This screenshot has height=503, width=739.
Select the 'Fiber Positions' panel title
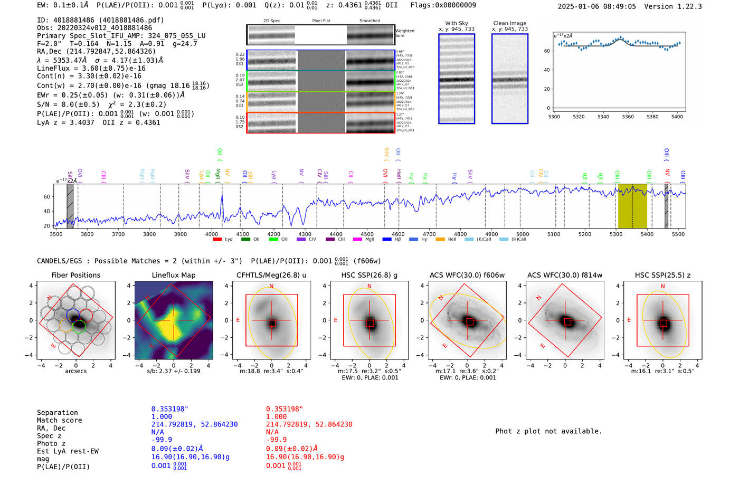point(75,275)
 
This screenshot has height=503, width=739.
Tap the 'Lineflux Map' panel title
point(174,275)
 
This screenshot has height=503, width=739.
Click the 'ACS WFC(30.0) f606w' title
point(467,275)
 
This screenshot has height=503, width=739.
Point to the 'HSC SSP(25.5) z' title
point(662,275)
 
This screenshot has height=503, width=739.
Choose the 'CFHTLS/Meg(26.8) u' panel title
point(271,275)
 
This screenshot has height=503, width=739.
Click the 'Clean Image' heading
point(509,23)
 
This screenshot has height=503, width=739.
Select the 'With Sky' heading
point(457,23)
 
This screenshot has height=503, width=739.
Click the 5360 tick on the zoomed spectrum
point(628,117)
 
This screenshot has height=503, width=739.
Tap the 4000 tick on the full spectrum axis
point(211,234)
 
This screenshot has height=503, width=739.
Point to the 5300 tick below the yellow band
point(616,234)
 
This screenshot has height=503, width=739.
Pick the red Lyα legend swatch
point(217,240)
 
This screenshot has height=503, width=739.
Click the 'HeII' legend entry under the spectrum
point(452,240)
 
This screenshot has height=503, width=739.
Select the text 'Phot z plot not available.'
point(548,431)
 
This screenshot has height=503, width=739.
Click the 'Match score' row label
point(59,420)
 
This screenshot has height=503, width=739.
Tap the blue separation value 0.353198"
point(170,409)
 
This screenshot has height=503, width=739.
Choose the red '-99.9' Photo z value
point(276,439)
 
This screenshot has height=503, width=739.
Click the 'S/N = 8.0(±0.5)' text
point(68,104)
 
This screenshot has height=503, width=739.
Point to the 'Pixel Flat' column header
point(321,21)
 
